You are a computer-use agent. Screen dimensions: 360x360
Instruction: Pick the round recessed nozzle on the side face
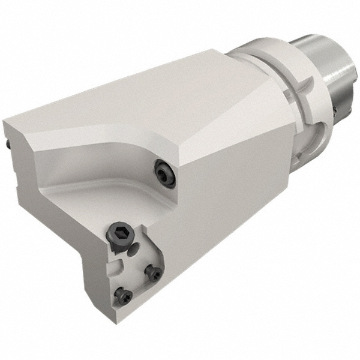[x=164, y=173]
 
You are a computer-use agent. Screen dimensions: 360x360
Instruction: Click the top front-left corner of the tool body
[x=6, y=123]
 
